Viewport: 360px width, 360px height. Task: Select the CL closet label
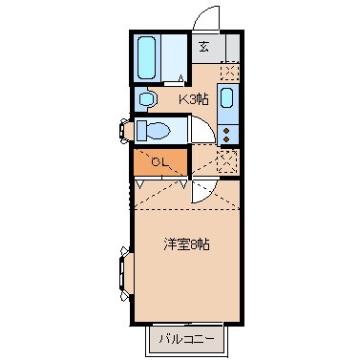pos(161,161)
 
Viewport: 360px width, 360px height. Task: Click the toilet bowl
pos(153,129)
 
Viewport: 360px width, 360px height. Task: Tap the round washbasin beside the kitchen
pos(146,97)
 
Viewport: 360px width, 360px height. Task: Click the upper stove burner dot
pos(228,127)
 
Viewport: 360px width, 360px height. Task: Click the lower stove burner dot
pos(228,138)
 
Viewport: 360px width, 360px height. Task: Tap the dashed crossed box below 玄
pos(228,71)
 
